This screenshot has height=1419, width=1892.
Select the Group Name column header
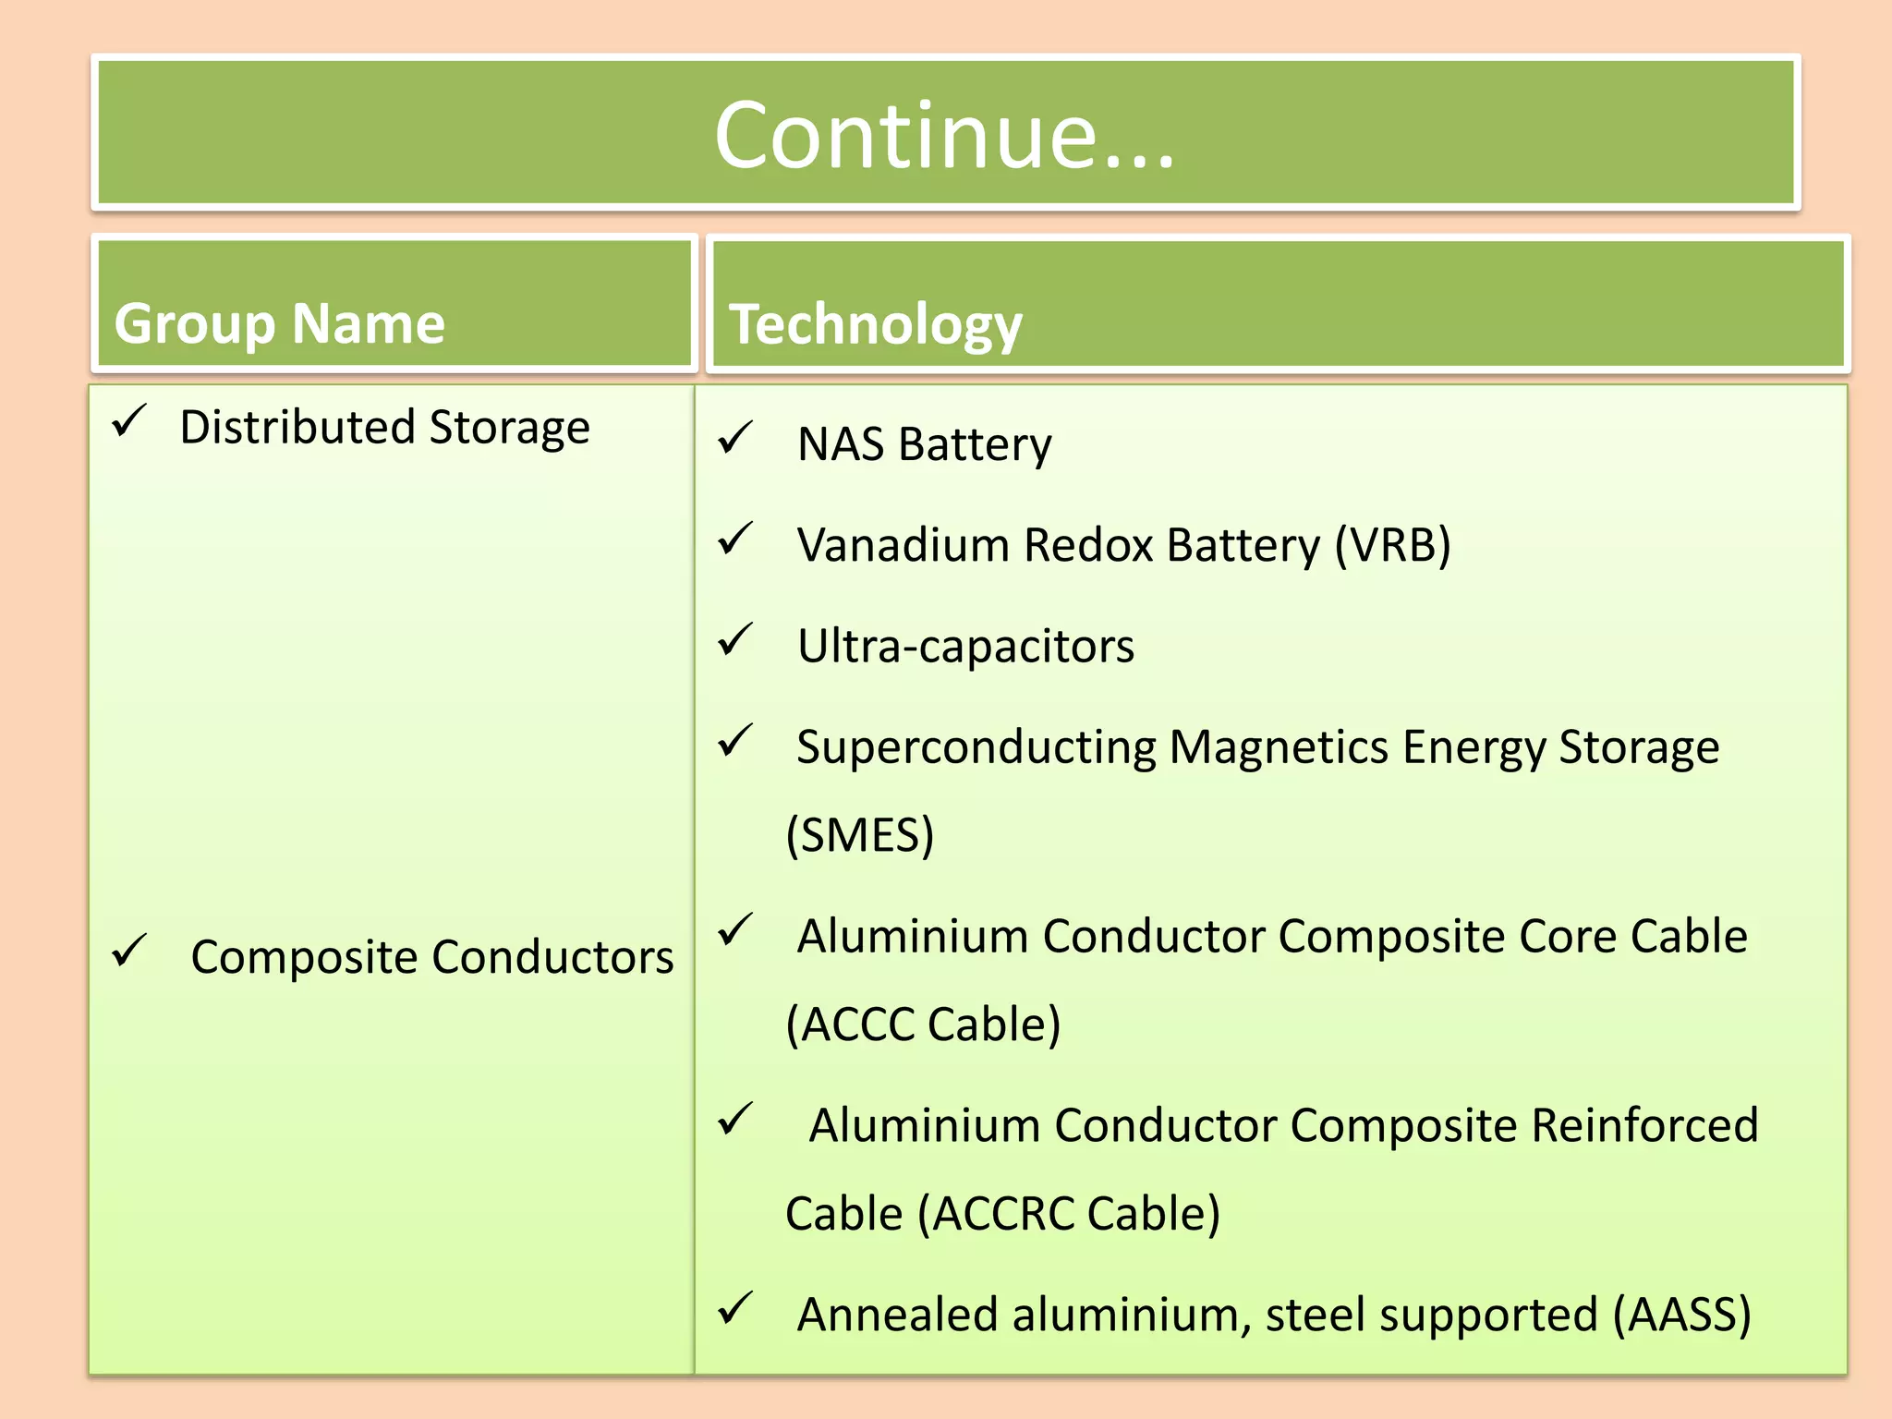[x=280, y=323]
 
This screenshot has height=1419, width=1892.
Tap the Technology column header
[x=876, y=324]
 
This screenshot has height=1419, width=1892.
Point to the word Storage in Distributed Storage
[x=509, y=428]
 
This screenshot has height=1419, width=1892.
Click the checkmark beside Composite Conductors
[x=129, y=952]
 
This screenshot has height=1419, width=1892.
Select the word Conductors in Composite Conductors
[x=552, y=957]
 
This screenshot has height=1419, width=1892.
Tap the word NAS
[x=841, y=444]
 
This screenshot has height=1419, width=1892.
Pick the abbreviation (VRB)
[x=1392, y=545]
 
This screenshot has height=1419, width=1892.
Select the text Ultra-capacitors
[x=965, y=646]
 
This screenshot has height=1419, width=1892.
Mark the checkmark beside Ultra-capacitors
[x=736, y=640]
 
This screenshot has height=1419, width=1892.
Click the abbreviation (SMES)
[x=860, y=835]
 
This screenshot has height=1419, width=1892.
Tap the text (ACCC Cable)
[x=923, y=1025]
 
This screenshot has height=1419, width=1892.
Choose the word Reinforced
[x=1644, y=1125]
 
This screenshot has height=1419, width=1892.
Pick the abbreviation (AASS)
[x=1681, y=1315]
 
